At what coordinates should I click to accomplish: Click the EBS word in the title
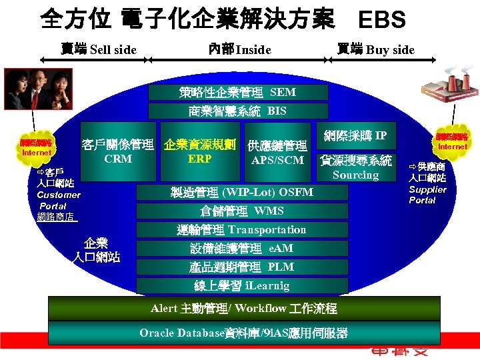[381, 20]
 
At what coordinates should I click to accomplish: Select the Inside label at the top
[239, 49]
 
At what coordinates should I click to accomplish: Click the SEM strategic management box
[238, 92]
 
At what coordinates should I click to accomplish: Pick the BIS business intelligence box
[238, 111]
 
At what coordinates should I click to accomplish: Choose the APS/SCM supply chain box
[277, 153]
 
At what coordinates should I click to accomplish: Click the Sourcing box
[355, 168]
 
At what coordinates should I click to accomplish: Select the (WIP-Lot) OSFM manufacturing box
[242, 193]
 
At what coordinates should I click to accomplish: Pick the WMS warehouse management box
[242, 211]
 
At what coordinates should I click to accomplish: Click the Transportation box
[242, 230]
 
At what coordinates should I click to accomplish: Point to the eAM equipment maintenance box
[242, 249]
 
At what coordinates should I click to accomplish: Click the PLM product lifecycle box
[242, 267]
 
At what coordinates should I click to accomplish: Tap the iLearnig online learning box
[242, 286]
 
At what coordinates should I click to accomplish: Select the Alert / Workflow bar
[244, 309]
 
